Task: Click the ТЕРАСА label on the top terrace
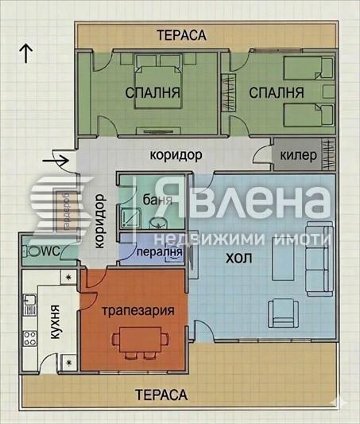pos(181,35)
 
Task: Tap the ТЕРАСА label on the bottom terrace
pos(161,395)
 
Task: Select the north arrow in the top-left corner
pos(26,53)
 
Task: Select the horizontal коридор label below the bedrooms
pos(175,155)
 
